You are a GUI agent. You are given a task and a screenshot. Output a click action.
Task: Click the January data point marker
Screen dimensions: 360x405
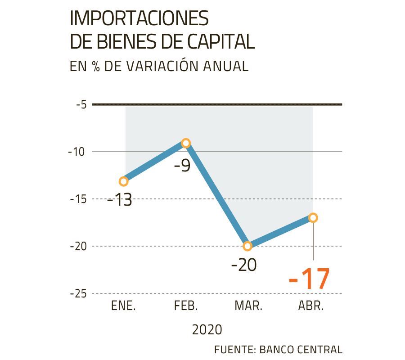pos(123,181)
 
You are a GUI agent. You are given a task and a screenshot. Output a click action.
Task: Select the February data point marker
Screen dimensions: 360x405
pos(186,143)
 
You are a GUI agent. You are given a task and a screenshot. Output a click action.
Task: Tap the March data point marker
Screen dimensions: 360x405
pos(247,246)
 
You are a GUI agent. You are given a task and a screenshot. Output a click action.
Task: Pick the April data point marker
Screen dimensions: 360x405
pos(313,218)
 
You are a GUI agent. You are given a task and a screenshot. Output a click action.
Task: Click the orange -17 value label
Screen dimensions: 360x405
pos(309,279)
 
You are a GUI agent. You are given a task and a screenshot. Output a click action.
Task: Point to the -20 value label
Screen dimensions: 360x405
pos(245,265)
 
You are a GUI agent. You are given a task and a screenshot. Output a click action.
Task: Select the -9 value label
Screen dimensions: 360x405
pos(182,166)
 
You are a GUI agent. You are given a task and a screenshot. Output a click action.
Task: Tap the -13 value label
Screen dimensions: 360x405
pos(120,199)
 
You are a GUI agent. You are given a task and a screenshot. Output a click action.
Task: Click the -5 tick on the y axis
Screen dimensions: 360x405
pos(81,105)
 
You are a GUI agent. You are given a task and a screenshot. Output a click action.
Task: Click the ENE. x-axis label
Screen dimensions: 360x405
pos(123,306)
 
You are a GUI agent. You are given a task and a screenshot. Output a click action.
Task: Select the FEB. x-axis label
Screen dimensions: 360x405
pos(186,306)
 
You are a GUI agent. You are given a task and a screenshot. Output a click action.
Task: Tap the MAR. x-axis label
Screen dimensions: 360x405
pos(248,306)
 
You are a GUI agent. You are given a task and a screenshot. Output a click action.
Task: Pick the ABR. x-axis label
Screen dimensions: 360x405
pos(311,306)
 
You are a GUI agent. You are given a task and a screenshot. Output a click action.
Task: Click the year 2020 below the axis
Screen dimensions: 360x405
pos(207,330)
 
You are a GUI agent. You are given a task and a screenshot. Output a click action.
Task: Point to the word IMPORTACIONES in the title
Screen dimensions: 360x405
pos(140,19)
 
